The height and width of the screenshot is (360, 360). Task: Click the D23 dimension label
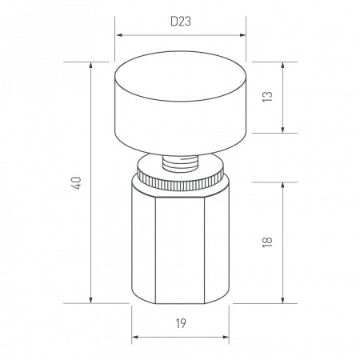(x=181, y=22)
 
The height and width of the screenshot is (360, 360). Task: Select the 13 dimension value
(x=267, y=97)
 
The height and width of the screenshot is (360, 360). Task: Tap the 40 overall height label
(x=77, y=183)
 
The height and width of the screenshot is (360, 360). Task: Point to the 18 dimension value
(x=267, y=242)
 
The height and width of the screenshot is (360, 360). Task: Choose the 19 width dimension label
(x=181, y=323)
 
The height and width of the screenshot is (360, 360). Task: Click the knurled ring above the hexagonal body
(x=180, y=180)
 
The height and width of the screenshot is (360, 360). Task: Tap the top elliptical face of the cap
(x=180, y=76)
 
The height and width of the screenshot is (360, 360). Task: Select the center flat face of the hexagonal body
(x=180, y=250)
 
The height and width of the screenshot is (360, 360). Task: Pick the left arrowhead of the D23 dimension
(x=120, y=35)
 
